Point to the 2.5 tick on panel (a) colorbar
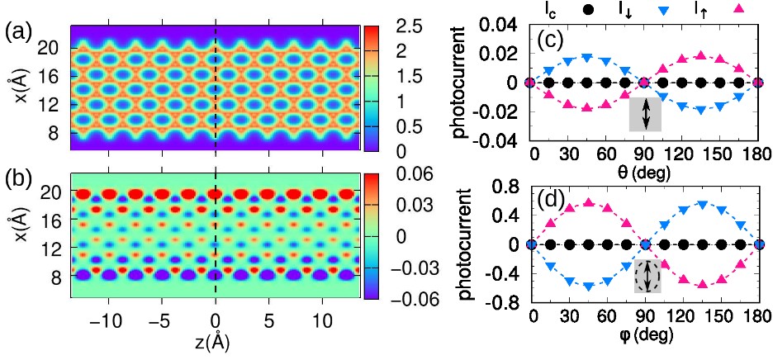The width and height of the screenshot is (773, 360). pyautogui.click(x=399, y=26)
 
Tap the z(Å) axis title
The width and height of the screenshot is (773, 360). pyautogui.click(x=216, y=341)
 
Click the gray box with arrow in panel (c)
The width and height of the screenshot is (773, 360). pyautogui.click(x=644, y=114)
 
